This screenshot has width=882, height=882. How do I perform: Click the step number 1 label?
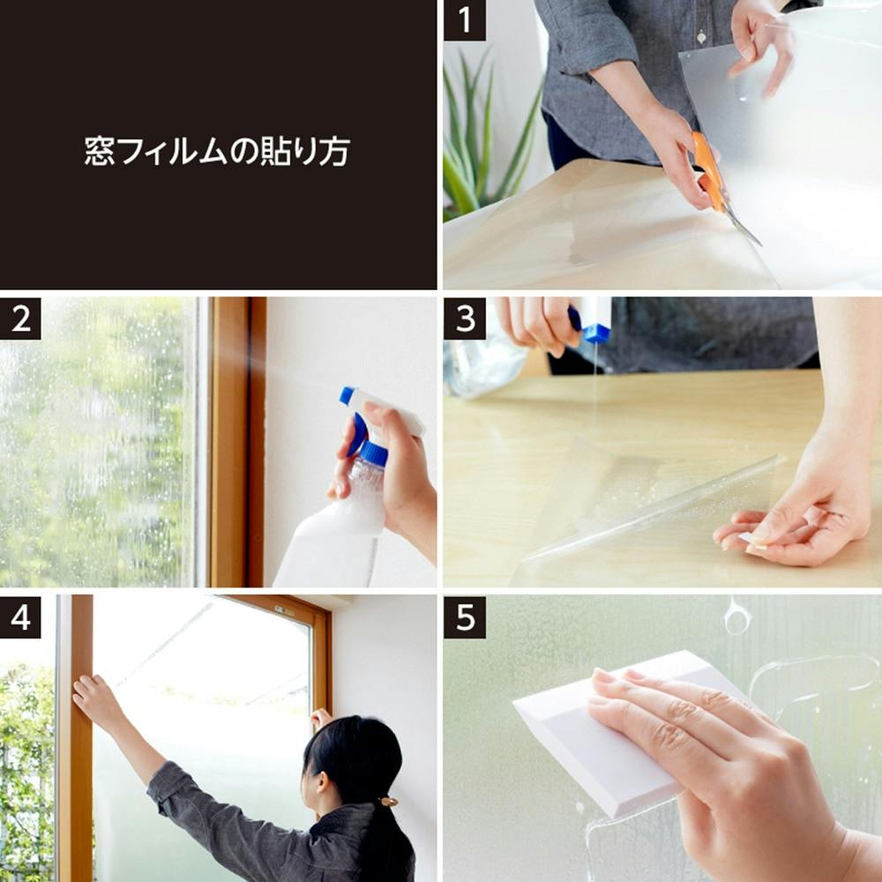tap(464, 20)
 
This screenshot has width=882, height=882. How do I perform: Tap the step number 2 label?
tap(20, 318)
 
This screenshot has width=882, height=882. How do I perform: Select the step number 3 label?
tap(464, 318)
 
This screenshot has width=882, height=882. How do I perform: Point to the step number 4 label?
tap(20, 617)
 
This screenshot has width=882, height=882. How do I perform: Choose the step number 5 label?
tap(464, 617)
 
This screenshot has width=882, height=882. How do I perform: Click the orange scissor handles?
tap(710, 170)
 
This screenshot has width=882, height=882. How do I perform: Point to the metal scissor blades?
tap(743, 225)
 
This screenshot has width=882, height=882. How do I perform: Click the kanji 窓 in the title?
tap(100, 152)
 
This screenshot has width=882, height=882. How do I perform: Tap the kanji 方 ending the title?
tap(334, 152)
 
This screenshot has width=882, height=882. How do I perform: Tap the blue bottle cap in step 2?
tap(373, 453)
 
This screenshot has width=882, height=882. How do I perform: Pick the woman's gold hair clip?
tap(387, 801)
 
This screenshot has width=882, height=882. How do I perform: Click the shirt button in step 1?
tap(701, 38)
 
